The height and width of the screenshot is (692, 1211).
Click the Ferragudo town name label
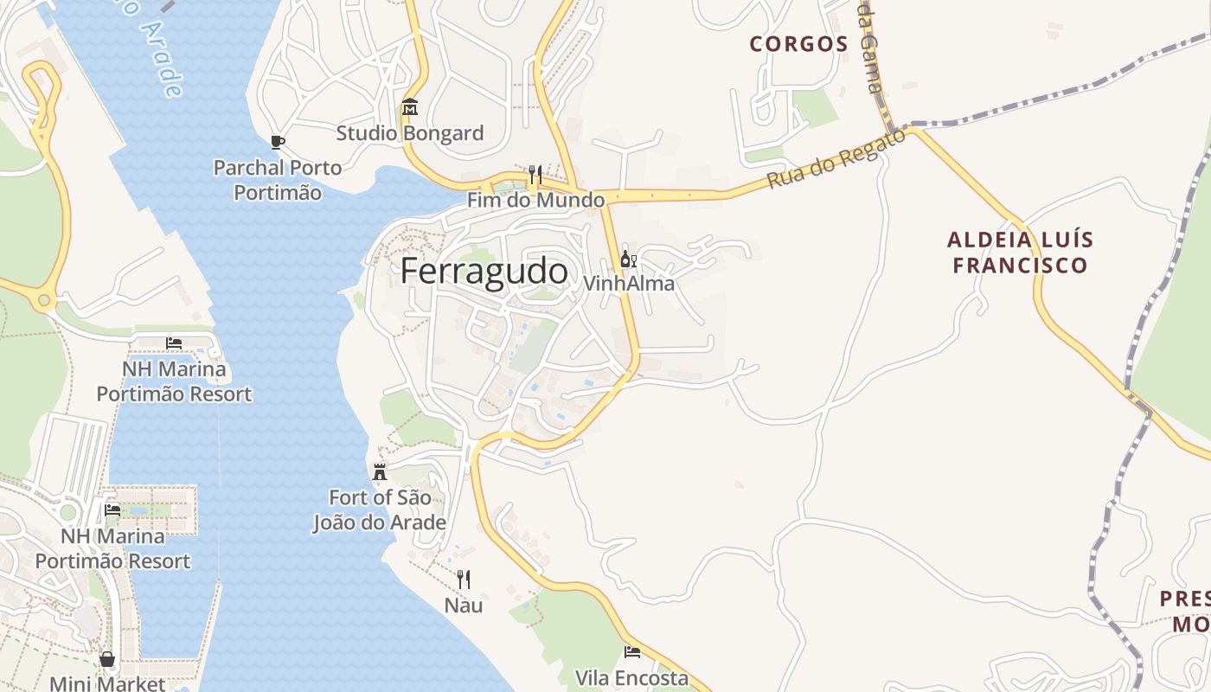tap(484, 272)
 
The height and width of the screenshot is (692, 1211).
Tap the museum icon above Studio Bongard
tap(409, 107)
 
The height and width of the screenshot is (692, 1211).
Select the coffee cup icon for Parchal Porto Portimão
tap(277, 142)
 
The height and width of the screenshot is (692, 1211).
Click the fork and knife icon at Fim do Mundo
tap(535, 175)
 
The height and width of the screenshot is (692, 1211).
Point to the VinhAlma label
tap(629, 284)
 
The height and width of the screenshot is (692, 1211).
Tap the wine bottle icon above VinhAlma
tap(628, 259)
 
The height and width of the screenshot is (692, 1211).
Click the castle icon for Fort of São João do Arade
tap(379, 472)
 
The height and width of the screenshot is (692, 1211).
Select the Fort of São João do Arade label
tap(380, 510)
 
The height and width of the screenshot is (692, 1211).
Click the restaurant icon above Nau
tap(464, 580)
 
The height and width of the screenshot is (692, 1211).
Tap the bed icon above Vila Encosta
tap(632, 652)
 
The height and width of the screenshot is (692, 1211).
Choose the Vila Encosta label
tap(632, 678)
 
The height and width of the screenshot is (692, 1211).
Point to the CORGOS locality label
tap(798, 44)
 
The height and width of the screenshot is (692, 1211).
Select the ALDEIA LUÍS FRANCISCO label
tap(1020, 252)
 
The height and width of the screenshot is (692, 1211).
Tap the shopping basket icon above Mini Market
tap(107, 659)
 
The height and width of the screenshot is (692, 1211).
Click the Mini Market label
tap(107, 683)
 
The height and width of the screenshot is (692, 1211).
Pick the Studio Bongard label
tap(410, 133)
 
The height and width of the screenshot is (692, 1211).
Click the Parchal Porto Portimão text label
tap(278, 180)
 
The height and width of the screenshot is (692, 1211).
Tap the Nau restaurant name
tap(464, 605)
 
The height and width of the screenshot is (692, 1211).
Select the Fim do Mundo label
tap(535, 200)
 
